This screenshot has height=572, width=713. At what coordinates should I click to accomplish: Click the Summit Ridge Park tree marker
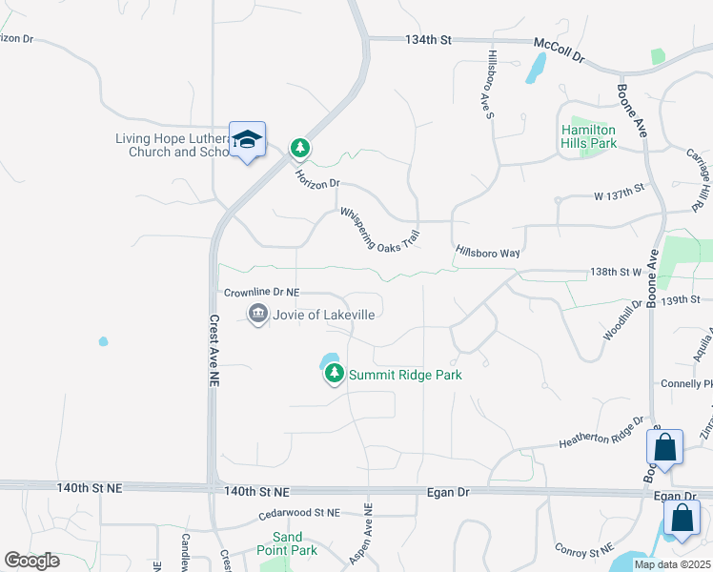coord(334,375)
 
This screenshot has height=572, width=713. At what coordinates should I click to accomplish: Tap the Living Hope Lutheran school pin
coord(247,141)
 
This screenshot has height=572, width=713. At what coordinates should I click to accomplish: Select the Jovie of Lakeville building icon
coord(257,314)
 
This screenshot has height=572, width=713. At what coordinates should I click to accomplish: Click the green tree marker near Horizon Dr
coord(300,148)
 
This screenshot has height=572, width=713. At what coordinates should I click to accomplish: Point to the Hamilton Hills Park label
coord(588,136)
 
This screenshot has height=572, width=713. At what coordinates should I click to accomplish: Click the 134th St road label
coord(427,40)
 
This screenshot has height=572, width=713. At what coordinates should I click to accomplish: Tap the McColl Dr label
coord(559,51)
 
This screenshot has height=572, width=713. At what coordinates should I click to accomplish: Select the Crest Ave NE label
coord(214,351)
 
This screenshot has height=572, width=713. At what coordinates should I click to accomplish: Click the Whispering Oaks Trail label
coord(379,229)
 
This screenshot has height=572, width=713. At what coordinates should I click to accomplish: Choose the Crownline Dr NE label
coord(261,293)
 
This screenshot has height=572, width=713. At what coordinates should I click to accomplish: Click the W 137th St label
coord(619,195)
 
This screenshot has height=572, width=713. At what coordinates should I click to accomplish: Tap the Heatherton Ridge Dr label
coord(601,435)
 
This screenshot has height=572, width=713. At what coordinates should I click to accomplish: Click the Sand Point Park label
coord(287,543)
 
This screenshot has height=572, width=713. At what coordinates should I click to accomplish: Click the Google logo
coord(31,560)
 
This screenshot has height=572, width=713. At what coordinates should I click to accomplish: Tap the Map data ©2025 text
coord(671,564)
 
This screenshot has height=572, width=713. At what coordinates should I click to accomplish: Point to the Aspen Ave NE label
coord(364,535)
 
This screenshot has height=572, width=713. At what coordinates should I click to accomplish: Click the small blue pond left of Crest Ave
coord(103,341)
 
